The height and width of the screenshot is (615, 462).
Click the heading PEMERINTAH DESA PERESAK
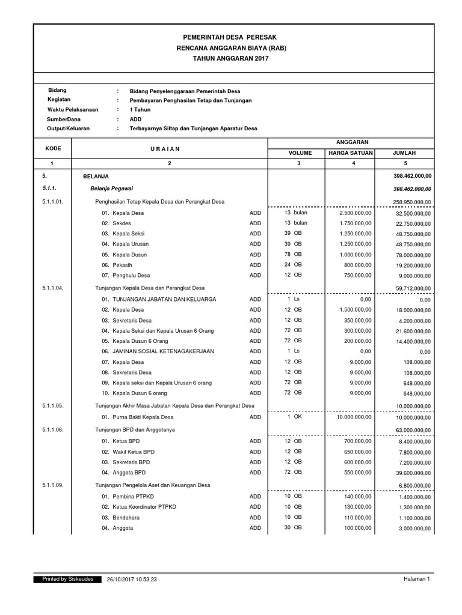[x=231, y=37]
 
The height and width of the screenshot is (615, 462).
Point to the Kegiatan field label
[x=59, y=100]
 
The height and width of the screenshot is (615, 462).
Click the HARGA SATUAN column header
[x=350, y=153]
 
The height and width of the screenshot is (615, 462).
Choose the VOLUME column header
[x=299, y=153]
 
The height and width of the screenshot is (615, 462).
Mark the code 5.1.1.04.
[x=57, y=288]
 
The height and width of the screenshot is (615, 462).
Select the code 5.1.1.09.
[x=57, y=485]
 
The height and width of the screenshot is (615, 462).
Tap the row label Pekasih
[x=123, y=265]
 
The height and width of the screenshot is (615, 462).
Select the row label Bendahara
[x=126, y=518]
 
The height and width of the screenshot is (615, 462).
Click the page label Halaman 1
[x=416, y=580]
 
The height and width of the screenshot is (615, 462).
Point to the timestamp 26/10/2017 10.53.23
[x=132, y=580]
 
